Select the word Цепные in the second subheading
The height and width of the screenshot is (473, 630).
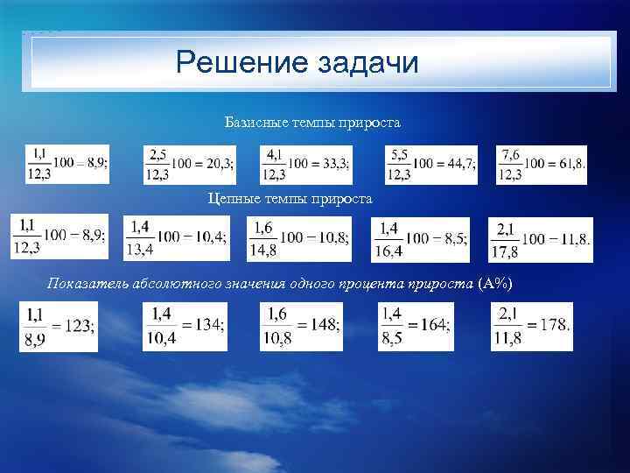(231, 199)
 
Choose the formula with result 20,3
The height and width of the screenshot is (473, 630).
(190, 165)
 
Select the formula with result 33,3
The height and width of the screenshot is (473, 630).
(306, 165)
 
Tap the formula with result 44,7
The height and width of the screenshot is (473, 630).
(431, 165)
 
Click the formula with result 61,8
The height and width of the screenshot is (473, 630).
(542, 165)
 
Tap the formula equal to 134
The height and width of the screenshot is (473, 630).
(186, 326)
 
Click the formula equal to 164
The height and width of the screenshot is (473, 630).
(416, 326)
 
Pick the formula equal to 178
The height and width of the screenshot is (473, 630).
(532, 326)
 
